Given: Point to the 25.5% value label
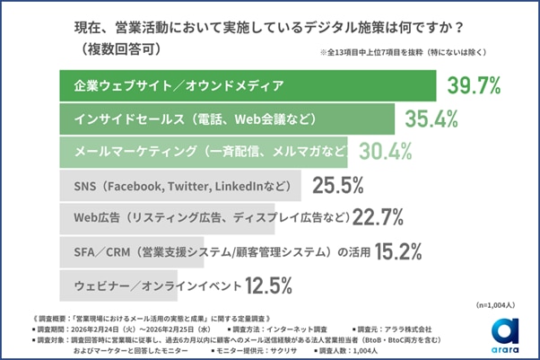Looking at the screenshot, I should point(337,186).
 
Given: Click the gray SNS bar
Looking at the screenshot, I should point(179,186).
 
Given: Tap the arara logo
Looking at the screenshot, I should point(502,335).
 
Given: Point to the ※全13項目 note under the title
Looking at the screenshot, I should point(399,53).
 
